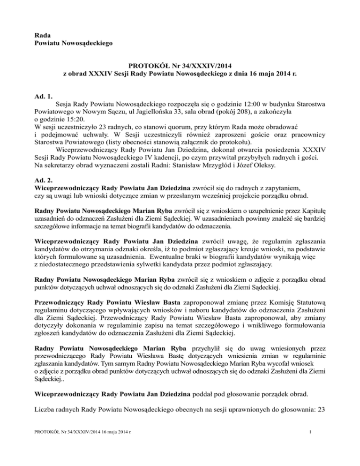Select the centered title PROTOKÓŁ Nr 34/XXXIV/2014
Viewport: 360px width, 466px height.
click(x=180, y=65)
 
